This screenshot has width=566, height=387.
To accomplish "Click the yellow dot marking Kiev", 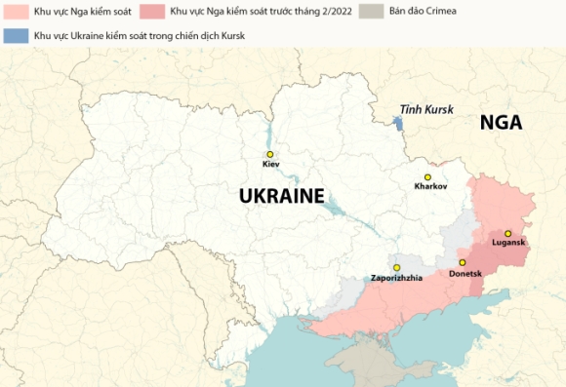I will [270, 154].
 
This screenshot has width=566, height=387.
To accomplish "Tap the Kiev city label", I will [270, 166].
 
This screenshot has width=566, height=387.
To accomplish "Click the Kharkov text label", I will [430, 185].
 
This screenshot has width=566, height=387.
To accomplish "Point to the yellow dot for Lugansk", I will [507, 233].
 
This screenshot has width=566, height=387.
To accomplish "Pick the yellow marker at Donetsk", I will [463, 263].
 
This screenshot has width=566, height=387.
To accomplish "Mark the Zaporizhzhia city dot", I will [396, 267].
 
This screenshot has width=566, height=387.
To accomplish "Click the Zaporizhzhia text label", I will [396, 279].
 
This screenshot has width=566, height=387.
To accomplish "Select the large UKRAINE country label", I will [281, 196].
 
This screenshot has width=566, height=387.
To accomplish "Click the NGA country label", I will [501, 123].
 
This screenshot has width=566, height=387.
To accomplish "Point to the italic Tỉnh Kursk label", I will [425, 111].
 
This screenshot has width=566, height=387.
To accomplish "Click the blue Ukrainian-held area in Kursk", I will [397, 124].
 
